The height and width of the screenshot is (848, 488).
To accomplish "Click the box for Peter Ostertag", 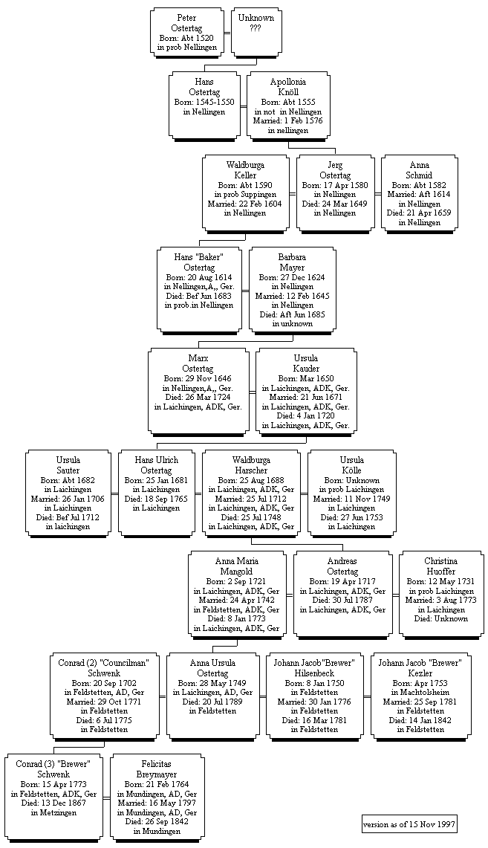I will tap(186, 31).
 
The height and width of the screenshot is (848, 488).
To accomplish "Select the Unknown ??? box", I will tap(256, 31).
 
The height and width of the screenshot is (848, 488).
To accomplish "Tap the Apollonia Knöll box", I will tap(287, 105).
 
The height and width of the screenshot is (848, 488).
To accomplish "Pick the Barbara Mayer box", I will tap(292, 288).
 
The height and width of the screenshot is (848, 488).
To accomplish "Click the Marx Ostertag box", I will tap(198, 389).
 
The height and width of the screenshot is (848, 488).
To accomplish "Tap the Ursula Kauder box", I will tap(305, 389).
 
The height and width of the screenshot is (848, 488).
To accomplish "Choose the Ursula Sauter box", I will tap(68, 491).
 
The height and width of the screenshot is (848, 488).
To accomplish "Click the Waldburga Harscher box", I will tap(250, 491).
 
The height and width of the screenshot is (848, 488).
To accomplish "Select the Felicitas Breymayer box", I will tap(156, 794).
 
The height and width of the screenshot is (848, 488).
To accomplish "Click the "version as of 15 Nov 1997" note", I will tap(408, 824).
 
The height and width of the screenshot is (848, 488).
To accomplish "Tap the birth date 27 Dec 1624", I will tap(292, 276).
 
